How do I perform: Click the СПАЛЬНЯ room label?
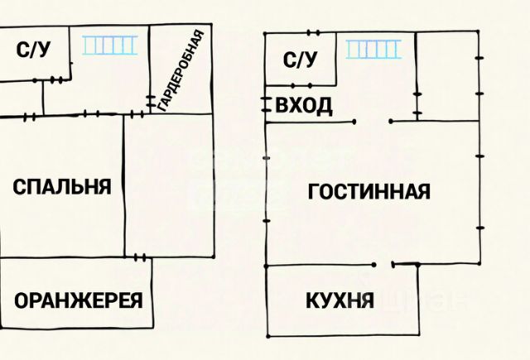[62, 187]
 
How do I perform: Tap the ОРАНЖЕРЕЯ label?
[78, 300]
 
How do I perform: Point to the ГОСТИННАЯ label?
[369, 192]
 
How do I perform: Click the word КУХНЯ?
[339, 300]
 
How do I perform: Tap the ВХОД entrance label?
[304, 105]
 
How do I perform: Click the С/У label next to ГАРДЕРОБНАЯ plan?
[34, 50]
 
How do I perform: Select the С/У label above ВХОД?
[301, 59]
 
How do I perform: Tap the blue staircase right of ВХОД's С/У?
[373, 49]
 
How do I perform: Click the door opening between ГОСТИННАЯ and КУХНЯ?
[383, 265]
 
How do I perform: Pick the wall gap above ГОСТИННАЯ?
[372, 122]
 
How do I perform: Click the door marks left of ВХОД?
[266, 104]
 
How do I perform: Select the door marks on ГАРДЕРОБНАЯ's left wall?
[151, 102]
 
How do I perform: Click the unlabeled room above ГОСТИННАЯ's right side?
[447, 76]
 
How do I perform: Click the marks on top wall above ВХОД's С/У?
[313, 33]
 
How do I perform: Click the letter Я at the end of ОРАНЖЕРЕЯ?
[135, 300]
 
